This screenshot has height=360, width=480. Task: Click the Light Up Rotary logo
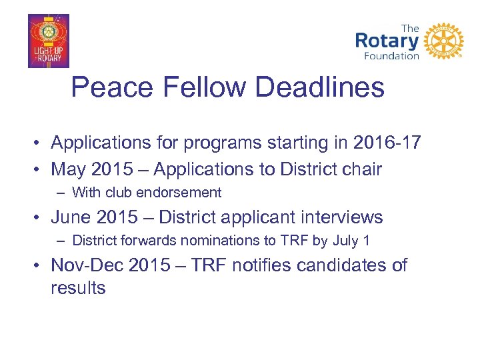pyautogui.click(x=48, y=41)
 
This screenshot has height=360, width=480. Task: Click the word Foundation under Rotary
pyautogui.click(x=392, y=56)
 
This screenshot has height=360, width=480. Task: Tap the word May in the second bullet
pyautogui.click(x=68, y=169)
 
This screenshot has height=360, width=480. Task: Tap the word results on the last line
pyautogui.click(x=78, y=288)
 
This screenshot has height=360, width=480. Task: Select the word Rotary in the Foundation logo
pyautogui.click(x=387, y=41)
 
